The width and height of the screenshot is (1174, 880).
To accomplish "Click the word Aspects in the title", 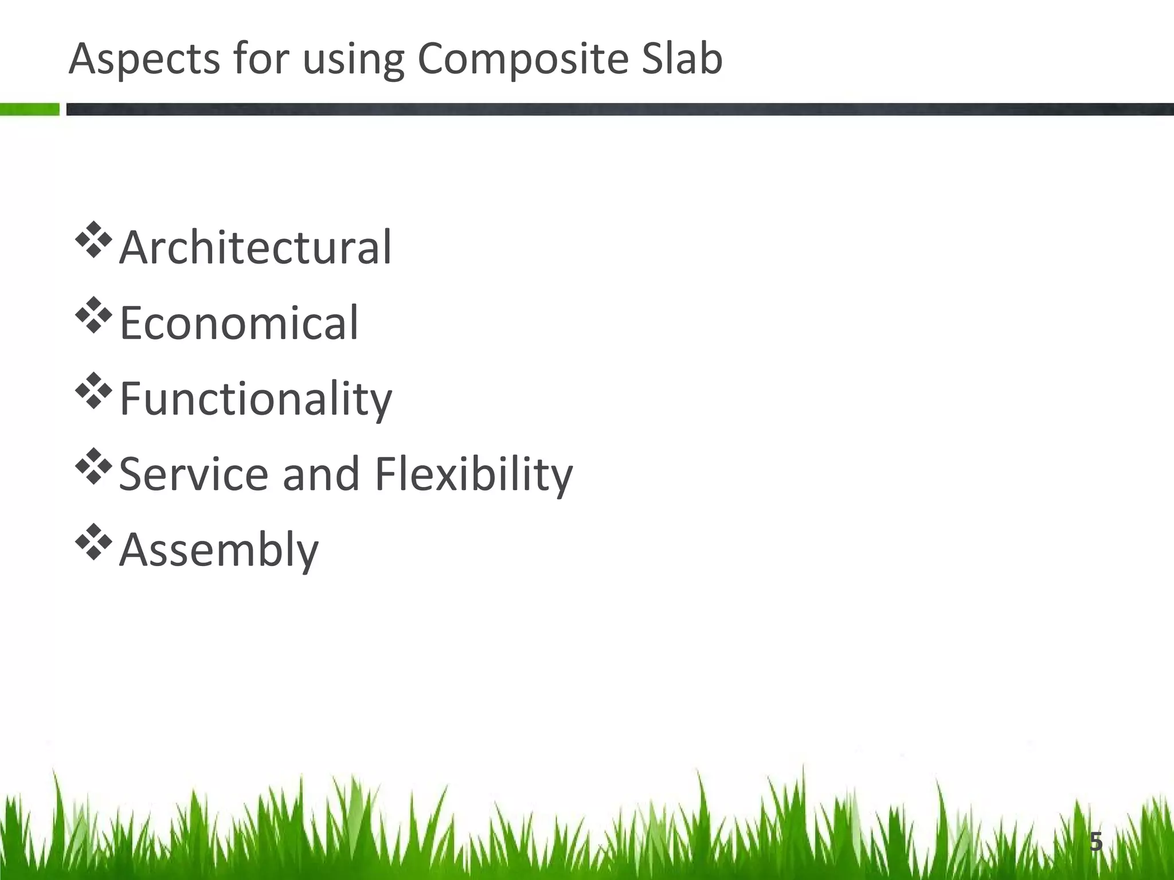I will tap(144, 59).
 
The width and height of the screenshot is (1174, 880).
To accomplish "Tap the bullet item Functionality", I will tap(256, 399).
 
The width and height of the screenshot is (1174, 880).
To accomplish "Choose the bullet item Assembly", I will tap(218, 551).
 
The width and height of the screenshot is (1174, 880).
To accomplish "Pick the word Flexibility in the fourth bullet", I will tap(473, 475).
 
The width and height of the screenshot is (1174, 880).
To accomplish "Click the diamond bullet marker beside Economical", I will tap(93, 316).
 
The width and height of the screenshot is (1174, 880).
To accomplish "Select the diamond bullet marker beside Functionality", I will tap(93, 391).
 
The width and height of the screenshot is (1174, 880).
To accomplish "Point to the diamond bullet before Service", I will tap(93, 467).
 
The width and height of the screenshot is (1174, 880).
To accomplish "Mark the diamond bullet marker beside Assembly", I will tap(93, 543).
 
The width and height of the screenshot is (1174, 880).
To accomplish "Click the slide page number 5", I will tap(1095, 842).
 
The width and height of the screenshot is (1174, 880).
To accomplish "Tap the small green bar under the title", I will tap(29, 109).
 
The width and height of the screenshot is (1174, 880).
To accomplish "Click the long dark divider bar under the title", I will tap(619, 109).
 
